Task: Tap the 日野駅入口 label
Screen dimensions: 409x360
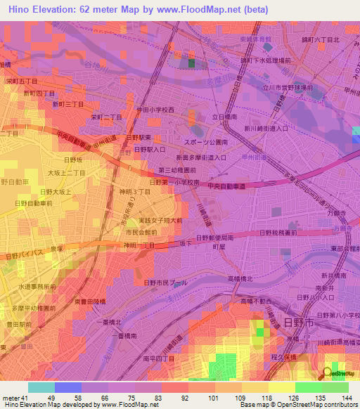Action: click(149, 150)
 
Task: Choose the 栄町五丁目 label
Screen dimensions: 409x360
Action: click(20, 81)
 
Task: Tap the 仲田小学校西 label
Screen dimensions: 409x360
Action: click(155, 110)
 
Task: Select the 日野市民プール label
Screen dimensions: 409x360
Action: click(165, 282)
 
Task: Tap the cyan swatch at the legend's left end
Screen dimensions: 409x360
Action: click(41, 387)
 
